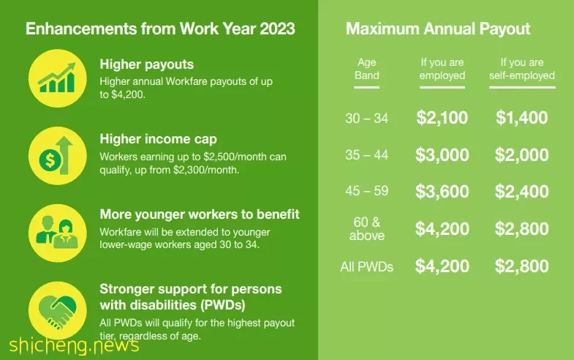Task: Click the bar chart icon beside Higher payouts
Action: (58, 78)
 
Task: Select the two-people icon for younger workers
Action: (58, 233)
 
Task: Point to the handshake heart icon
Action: (58, 310)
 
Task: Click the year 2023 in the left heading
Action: (277, 29)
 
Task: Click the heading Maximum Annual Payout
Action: (438, 29)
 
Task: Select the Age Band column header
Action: (366, 69)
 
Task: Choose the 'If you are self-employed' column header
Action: (522, 69)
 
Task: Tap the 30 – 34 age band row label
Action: (366, 119)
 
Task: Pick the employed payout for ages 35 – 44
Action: (442, 155)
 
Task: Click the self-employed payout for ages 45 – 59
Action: (522, 192)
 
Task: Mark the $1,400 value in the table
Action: (522, 118)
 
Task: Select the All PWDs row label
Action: (366, 266)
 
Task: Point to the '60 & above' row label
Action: (366, 229)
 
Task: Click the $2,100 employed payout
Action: (442, 118)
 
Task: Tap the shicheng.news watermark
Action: (75, 345)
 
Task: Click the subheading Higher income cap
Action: (158, 139)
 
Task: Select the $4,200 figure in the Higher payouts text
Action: (128, 94)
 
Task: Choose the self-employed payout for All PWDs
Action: (522, 266)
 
